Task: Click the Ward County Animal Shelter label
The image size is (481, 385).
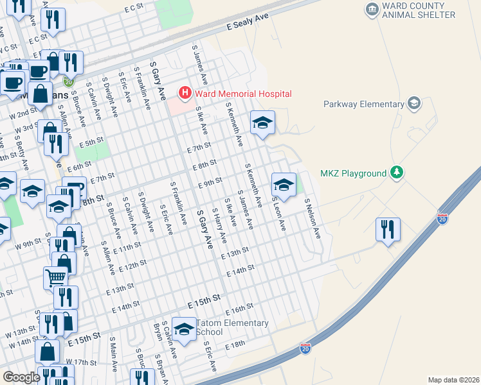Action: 419,10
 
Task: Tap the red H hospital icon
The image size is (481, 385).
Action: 186,93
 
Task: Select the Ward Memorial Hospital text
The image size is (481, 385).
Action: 242,93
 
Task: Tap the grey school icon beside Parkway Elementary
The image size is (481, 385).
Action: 415,103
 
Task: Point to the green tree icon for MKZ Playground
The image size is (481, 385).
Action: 398,173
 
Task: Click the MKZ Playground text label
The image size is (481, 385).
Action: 354,173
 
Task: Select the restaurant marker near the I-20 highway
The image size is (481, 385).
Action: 388,230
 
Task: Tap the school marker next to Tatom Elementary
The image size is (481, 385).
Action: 184,329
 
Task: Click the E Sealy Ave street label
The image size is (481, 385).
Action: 247,25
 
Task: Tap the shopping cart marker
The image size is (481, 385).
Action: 56,277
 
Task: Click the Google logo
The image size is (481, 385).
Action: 21,377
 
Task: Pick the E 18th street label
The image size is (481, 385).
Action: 235,345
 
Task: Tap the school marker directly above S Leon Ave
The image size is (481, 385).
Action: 284,185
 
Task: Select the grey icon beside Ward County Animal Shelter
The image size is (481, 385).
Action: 372,9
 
